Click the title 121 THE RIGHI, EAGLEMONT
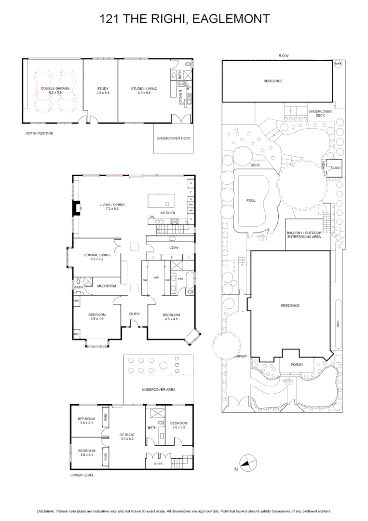(x=184, y=19)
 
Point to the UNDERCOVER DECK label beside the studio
(x=173, y=138)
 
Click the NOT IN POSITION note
(x=39, y=133)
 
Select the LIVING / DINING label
(x=109, y=206)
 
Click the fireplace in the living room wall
(x=76, y=207)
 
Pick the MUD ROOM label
(x=106, y=286)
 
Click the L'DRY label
(x=174, y=248)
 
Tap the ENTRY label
(x=134, y=314)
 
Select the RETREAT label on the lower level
(x=126, y=436)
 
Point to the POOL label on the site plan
(x=251, y=200)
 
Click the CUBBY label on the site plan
(x=336, y=167)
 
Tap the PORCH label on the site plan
(x=297, y=365)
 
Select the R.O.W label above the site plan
(x=284, y=56)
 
